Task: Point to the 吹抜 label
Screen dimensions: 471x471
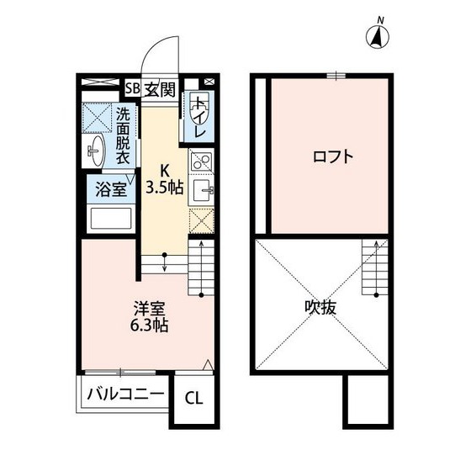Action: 320,308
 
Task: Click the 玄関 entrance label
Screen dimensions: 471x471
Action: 159,88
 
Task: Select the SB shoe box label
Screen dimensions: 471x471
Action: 132,88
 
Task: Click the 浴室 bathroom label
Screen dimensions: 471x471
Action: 110,188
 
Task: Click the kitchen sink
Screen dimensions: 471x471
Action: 203,191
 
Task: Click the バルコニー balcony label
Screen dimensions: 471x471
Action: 125,394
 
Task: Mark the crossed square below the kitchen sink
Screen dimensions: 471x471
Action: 203,220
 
